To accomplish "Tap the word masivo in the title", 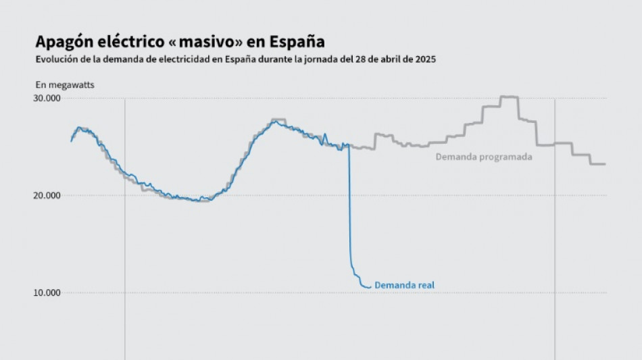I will point(206,42).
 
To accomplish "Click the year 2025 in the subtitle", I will point(424,59).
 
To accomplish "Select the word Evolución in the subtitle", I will point(56,59).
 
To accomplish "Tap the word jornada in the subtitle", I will point(310,59).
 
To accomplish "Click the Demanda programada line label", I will point(484,157).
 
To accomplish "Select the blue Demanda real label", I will point(404,286).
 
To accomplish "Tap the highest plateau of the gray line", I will point(509,97).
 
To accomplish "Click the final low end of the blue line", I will point(368,287).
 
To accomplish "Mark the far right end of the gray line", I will point(604,164).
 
